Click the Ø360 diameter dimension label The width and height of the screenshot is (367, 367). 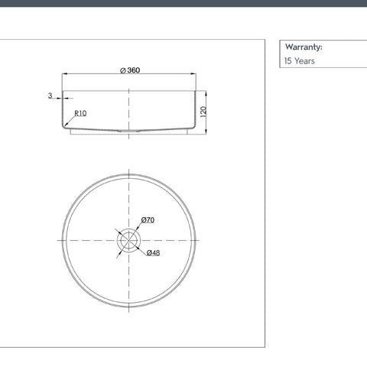pyautogui.click(x=130, y=70)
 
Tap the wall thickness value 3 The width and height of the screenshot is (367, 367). pyautogui.click(x=50, y=96)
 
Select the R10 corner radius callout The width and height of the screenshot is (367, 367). pyautogui.click(x=80, y=113)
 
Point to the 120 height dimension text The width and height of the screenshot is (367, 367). pyautogui.click(x=203, y=112)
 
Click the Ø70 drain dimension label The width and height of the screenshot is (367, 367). pyautogui.click(x=148, y=219)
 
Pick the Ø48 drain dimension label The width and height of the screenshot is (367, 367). pyautogui.click(x=154, y=252)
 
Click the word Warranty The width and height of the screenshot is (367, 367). pyautogui.click(x=304, y=47)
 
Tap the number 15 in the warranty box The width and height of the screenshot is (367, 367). pyautogui.click(x=287, y=61)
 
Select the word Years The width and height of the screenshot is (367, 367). pyautogui.click(x=304, y=61)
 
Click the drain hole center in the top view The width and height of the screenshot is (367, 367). pyautogui.click(x=129, y=240)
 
